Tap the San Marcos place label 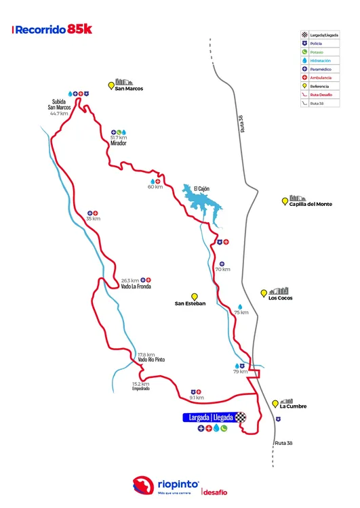point(129,88)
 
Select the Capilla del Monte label point(311,204)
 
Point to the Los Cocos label point(280,297)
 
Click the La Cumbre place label point(293,406)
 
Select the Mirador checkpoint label point(119,144)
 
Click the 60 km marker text point(155,187)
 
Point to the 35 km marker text point(93,218)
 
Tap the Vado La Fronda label point(136,287)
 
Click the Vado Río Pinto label point(151,360)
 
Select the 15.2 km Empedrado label point(140,386)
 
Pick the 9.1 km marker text point(197,398)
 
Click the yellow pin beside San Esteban point(194,296)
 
